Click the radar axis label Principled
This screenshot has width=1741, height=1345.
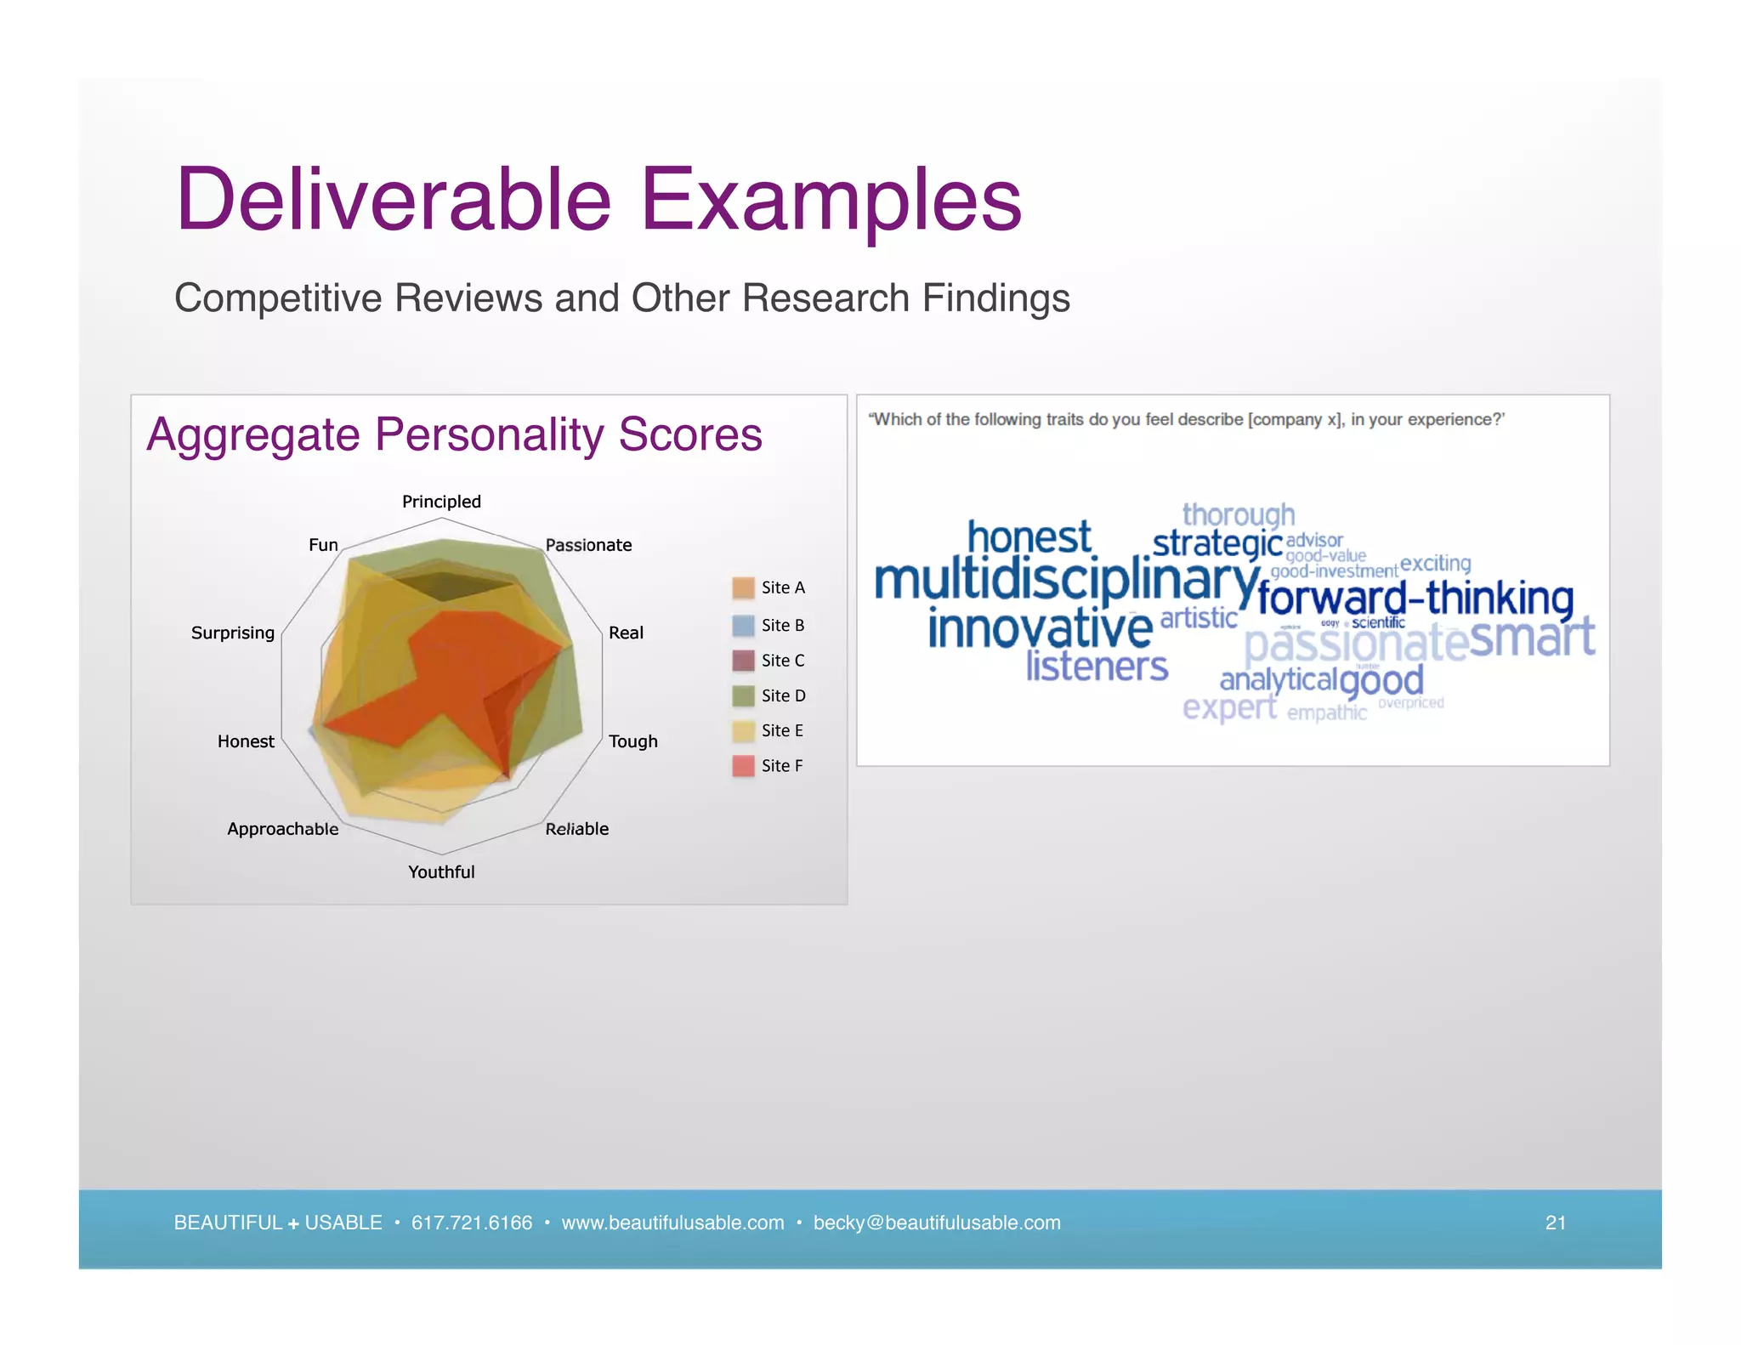441,502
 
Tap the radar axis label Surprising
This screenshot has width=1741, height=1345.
233,633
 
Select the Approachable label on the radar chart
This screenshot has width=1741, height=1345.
282,829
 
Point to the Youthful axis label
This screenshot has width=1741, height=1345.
441,872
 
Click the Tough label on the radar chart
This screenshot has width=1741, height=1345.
633,741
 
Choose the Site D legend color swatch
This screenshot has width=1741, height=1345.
743,695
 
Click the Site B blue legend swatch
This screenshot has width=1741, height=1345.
743,626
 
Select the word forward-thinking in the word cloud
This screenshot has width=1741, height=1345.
1415,598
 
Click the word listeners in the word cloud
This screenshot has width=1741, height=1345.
1097,667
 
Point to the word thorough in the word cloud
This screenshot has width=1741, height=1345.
1239,514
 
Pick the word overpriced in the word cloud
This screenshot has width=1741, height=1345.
1410,703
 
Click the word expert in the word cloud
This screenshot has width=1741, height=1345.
1229,707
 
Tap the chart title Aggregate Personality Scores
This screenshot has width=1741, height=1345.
454,434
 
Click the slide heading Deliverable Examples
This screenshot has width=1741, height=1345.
598,200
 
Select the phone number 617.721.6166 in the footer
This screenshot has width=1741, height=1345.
472,1223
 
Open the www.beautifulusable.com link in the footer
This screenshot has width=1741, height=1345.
672,1223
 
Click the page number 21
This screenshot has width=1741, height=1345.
1555,1223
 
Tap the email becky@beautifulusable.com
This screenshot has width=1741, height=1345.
937,1223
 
